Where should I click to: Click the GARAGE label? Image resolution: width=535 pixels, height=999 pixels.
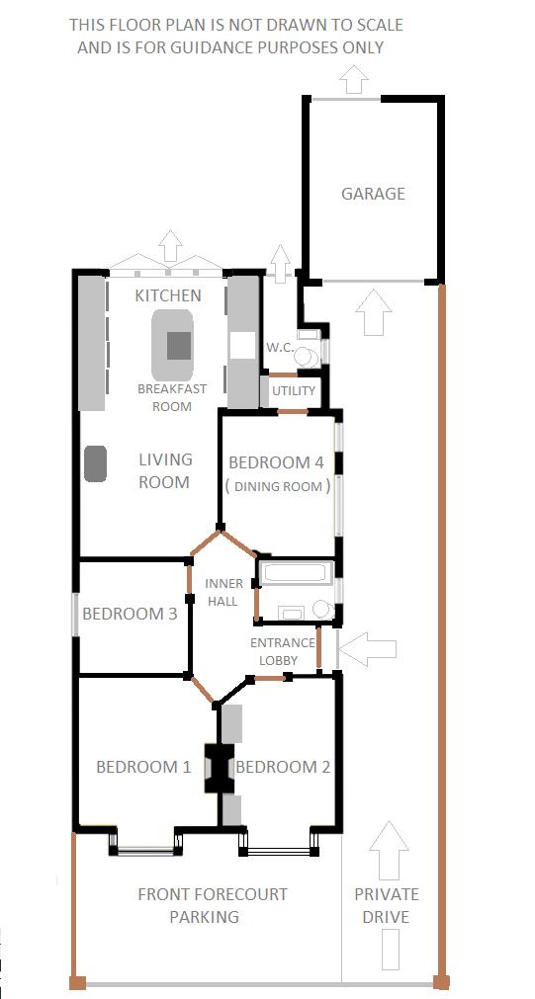[x=373, y=194]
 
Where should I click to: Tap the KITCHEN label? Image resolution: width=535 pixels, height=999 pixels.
[x=168, y=295]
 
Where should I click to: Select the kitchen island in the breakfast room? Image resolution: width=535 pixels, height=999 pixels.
[x=177, y=347]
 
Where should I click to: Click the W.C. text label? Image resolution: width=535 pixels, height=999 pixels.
[x=279, y=348]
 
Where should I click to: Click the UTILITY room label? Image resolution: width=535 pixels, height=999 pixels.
[x=294, y=391]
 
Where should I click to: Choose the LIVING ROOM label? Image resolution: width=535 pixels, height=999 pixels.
[x=164, y=470]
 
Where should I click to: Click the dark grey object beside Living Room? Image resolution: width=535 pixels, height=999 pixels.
[x=96, y=463]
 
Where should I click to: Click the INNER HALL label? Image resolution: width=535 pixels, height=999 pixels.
[x=223, y=592]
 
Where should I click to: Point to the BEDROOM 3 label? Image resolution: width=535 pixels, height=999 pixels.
[x=130, y=614]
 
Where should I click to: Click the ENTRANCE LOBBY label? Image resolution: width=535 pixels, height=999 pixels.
[x=278, y=651]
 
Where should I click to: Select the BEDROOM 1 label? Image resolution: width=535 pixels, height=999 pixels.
[x=143, y=767]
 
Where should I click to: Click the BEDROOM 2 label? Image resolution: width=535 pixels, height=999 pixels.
[x=283, y=767]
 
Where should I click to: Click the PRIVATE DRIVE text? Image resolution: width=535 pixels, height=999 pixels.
[x=387, y=905]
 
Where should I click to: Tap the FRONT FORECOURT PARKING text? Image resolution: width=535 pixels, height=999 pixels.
[x=212, y=905]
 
